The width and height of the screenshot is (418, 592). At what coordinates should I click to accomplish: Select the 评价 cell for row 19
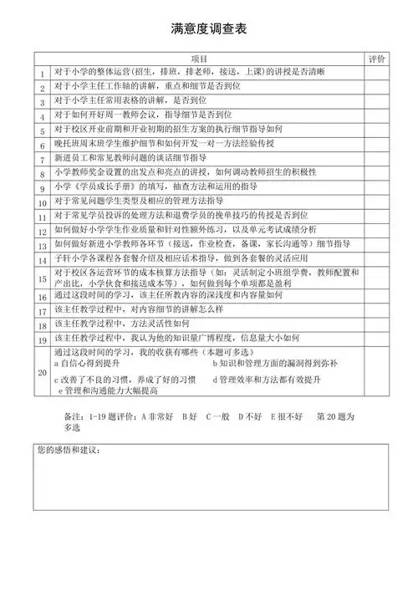377,341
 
